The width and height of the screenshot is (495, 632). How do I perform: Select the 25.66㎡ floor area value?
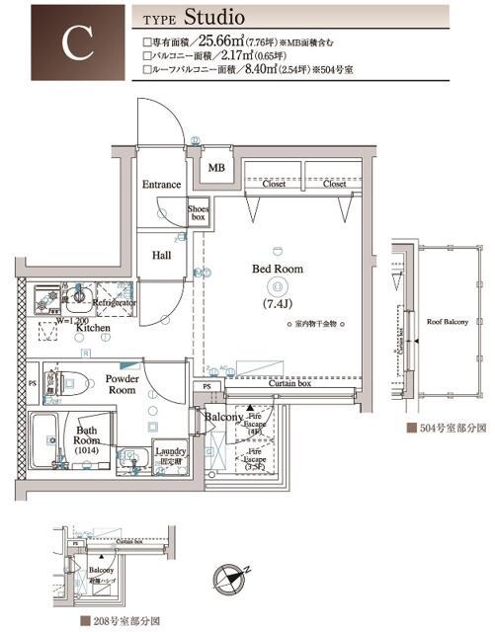(229, 41)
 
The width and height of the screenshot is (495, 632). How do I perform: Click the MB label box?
(215, 168)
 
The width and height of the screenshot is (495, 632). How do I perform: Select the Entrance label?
(161, 185)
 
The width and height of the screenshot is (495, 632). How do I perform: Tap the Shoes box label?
(199, 213)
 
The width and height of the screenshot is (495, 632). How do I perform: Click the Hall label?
(161, 255)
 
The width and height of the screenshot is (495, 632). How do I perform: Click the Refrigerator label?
(114, 303)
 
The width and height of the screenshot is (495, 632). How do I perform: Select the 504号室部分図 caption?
(448, 431)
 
